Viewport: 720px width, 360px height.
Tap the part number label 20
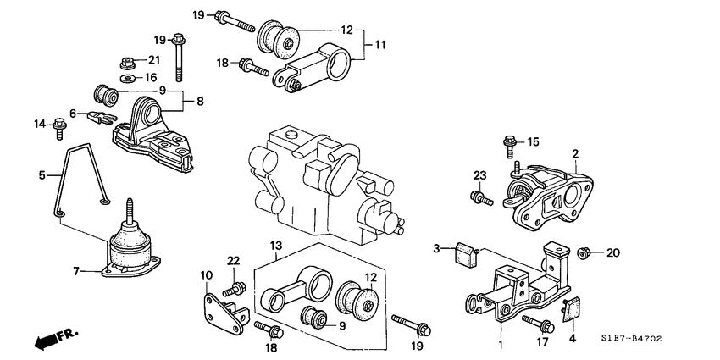[x=613, y=252]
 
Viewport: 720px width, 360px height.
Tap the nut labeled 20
[x=583, y=252]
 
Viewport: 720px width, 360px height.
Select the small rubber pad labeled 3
[x=465, y=252]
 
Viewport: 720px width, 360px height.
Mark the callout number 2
[x=574, y=153]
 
